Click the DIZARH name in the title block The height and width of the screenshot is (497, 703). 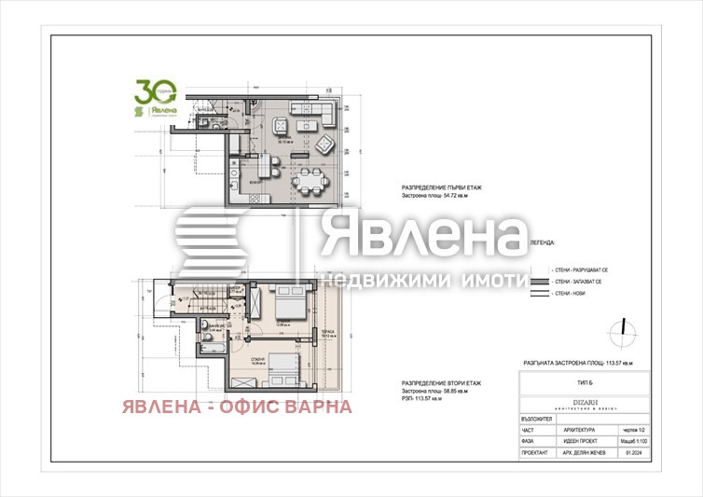tap(583, 402)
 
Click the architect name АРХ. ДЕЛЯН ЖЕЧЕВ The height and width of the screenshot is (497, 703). tap(584, 455)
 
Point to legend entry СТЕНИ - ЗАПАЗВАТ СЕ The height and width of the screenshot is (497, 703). tap(577, 281)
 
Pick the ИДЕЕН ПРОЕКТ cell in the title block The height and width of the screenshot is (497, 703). tap(584, 442)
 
